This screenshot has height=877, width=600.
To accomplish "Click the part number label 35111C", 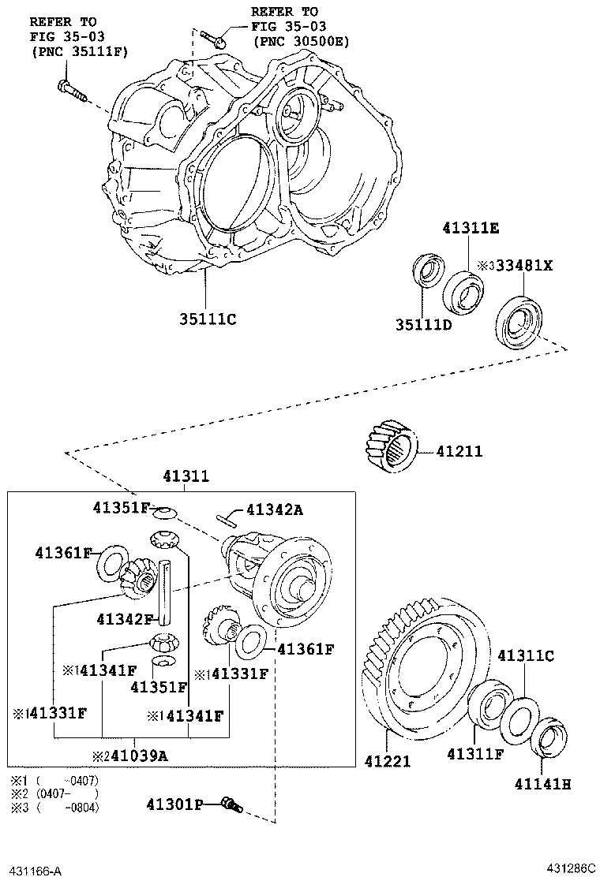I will [x=208, y=319].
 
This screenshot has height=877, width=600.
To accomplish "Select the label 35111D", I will [x=423, y=324].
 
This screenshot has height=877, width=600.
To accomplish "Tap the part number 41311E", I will [x=470, y=229].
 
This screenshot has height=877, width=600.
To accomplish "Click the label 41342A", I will [x=274, y=510].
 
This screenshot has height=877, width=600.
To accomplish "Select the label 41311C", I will [x=525, y=655].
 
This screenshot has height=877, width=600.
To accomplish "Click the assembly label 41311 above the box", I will [x=186, y=476].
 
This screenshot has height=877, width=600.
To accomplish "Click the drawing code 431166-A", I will [x=35, y=871].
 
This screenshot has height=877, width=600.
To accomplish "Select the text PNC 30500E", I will [x=301, y=41].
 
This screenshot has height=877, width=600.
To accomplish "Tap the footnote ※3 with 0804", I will [x=54, y=807].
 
